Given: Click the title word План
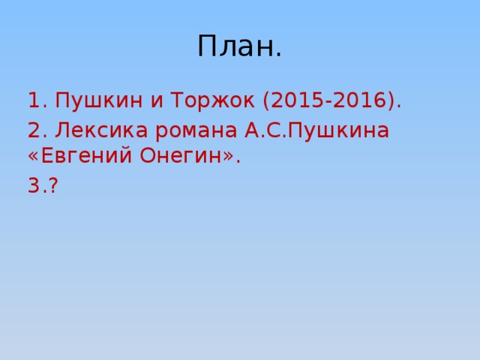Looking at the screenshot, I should (x=240, y=46).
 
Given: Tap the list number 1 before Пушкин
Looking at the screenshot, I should (x=34, y=100).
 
